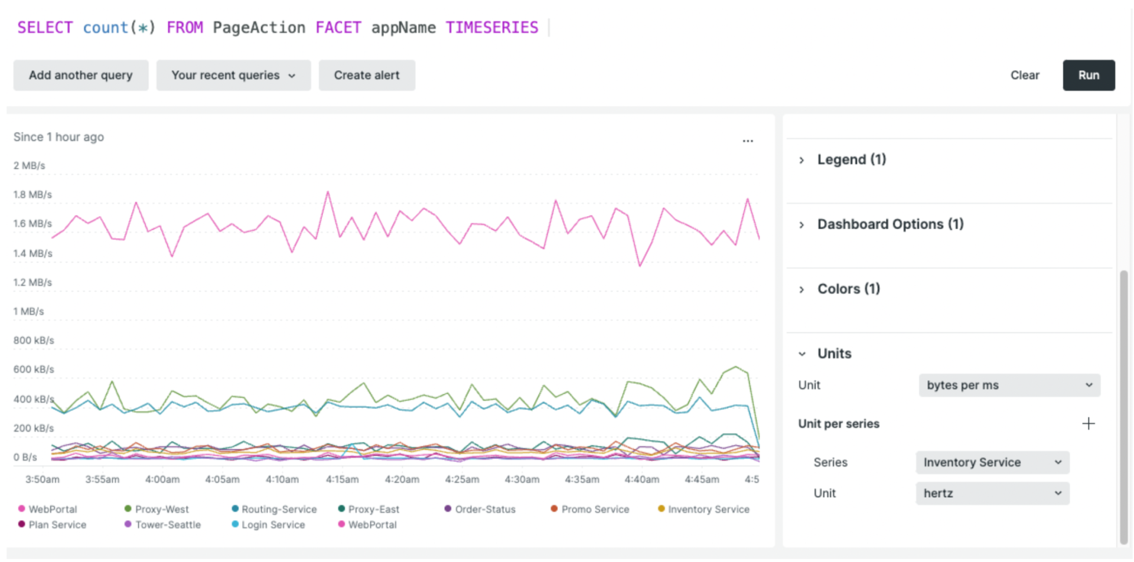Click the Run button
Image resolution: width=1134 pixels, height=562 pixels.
click(x=1088, y=75)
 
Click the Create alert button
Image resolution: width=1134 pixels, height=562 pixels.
click(x=366, y=75)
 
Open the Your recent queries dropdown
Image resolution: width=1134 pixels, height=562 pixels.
click(x=233, y=75)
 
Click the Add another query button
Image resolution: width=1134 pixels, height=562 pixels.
click(x=81, y=75)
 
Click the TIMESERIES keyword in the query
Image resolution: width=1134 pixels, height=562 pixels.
click(x=491, y=28)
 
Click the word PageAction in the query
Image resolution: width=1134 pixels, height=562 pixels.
click(x=259, y=28)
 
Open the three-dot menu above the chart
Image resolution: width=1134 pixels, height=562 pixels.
click(x=747, y=140)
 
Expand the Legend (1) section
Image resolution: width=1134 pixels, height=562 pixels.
click(x=851, y=159)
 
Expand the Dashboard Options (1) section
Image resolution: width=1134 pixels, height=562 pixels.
click(x=890, y=224)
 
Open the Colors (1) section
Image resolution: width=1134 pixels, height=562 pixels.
click(x=848, y=289)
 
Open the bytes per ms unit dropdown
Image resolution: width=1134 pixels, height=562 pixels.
click(x=1009, y=385)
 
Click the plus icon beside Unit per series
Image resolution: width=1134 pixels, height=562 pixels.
click(x=1088, y=423)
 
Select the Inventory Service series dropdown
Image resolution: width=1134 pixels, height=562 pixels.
click(x=992, y=462)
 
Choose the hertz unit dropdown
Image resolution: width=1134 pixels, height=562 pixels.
click(x=992, y=493)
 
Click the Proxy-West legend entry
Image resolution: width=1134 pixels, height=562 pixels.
click(x=161, y=509)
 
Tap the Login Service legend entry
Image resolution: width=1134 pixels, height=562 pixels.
click(x=272, y=524)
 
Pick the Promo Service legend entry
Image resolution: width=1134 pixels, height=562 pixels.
click(x=594, y=509)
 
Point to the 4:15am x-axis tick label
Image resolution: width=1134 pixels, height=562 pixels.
click(x=342, y=479)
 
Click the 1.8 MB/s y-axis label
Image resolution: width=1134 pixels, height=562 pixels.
click(x=32, y=194)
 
